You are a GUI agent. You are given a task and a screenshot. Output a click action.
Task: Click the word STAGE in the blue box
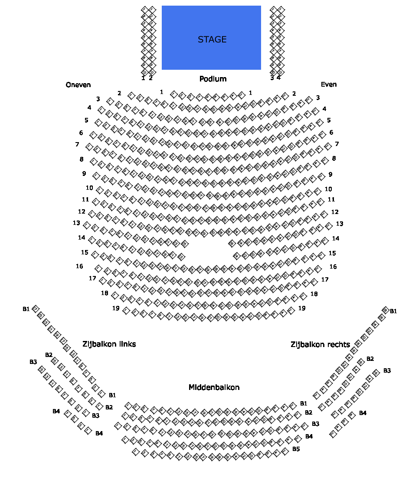[212, 39]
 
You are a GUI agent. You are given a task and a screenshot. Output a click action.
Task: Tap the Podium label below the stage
[213, 79]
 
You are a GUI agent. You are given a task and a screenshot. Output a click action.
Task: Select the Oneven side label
[78, 85]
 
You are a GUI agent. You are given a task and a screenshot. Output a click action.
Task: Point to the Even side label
[329, 84]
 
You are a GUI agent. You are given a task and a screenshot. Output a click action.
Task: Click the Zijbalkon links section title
[109, 344]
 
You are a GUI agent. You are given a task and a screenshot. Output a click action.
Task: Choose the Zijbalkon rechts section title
[320, 345]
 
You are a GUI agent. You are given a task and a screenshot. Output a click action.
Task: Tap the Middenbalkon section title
[214, 387]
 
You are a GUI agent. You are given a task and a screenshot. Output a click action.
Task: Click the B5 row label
[296, 449]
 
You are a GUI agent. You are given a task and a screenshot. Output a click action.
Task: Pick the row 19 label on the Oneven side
[116, 308]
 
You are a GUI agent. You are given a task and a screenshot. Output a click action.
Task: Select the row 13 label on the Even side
[340, 224]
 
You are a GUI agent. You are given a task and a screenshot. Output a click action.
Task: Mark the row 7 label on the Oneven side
[77, 144]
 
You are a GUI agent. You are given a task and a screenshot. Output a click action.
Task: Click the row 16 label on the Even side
[333, 267]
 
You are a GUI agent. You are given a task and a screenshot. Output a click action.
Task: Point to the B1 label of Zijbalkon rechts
[393, 311]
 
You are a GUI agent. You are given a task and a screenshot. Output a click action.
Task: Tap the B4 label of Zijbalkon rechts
[363, 413]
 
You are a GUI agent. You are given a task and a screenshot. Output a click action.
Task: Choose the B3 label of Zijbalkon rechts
[387, 371]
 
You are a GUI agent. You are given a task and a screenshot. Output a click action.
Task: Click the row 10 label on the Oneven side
[89, 188]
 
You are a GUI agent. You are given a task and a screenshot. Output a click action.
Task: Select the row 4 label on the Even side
[324, 109]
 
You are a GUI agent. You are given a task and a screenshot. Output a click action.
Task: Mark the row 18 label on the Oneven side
[105, 293]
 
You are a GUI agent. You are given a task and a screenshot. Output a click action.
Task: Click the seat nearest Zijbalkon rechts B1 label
[385, 309]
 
